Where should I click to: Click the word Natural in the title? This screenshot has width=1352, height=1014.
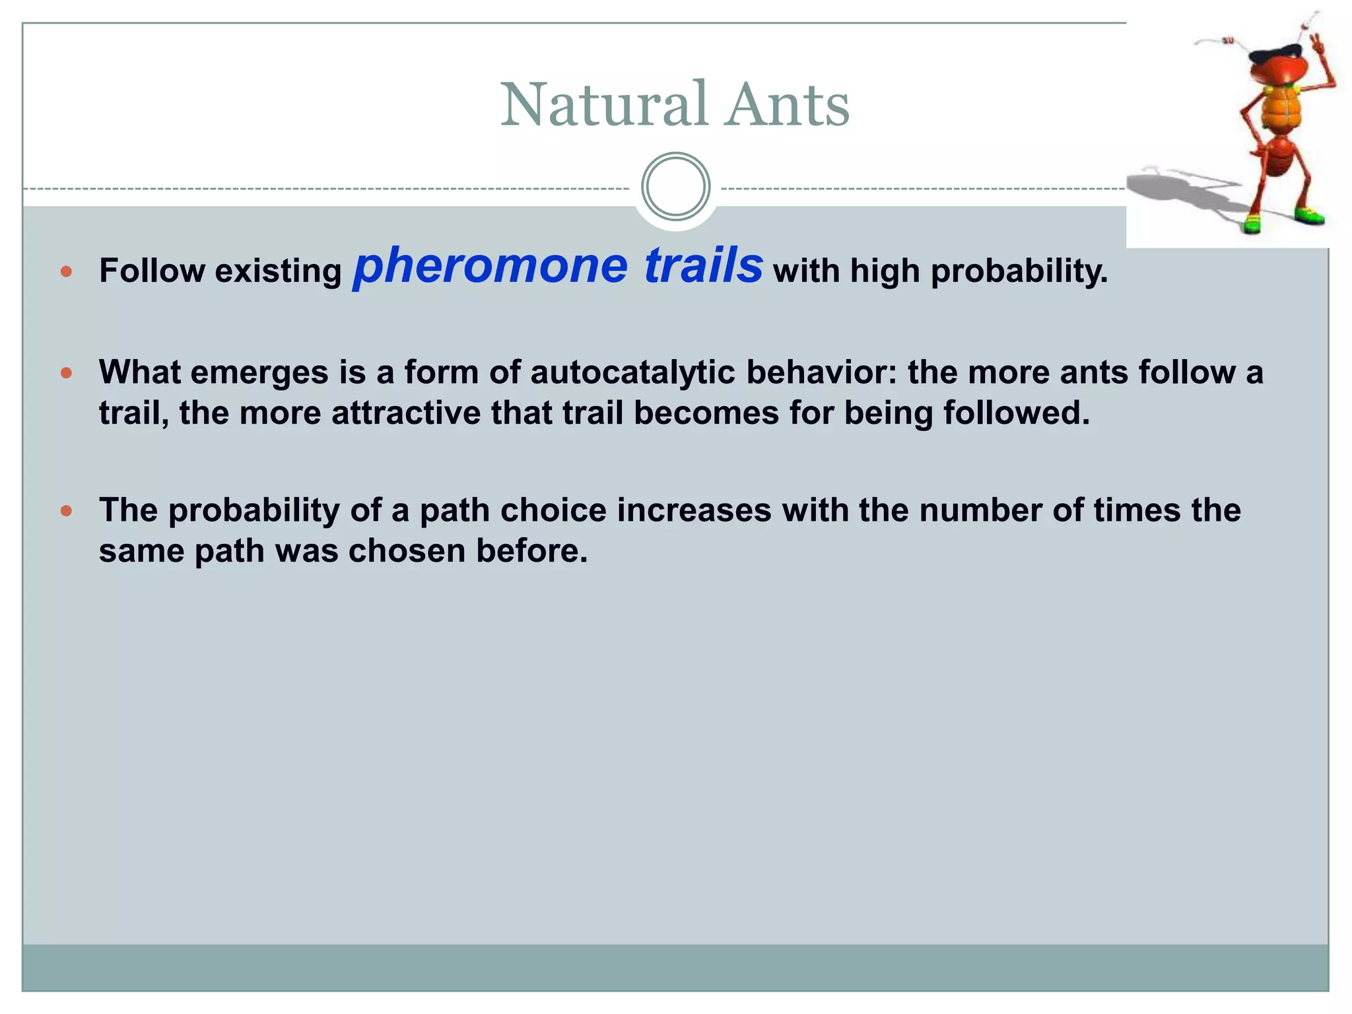tap(603, 106)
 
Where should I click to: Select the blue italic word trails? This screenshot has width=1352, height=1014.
tap(703, 265)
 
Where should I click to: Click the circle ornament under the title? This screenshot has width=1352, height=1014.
tap(675, 187)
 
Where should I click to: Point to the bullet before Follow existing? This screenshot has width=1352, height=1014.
tap(66, 271)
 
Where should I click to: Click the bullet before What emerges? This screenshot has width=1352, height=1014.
tap(66, 373)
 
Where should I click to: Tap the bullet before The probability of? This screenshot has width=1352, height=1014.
tap(66, 511)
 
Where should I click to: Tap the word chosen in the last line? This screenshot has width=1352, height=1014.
tap(407, 551)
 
